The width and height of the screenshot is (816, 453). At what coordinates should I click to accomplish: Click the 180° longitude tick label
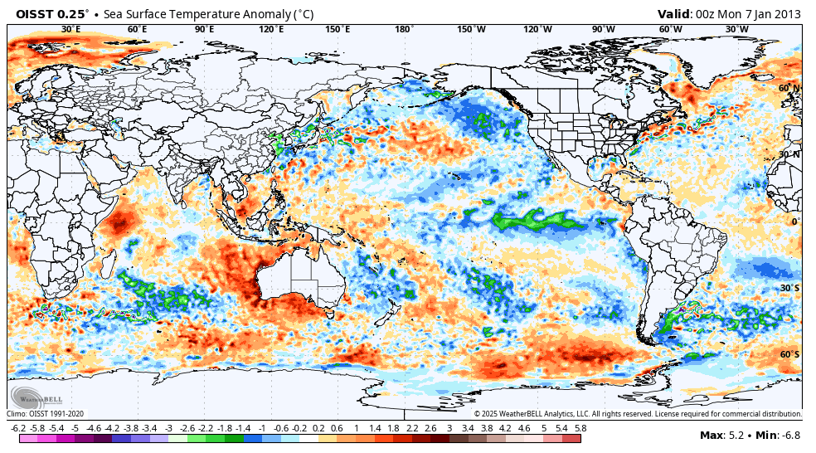coord(404,30)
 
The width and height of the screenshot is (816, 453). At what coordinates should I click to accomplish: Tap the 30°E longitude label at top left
coord(71,30)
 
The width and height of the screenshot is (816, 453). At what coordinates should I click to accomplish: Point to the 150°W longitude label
coord(471,30)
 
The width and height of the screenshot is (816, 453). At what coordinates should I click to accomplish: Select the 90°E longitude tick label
coord(204,30)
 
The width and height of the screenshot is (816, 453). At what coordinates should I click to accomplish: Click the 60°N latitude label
coord(789,88)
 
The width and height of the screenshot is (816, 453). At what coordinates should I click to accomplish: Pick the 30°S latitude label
coord(789,288)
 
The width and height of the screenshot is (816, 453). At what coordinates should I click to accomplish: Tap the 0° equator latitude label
coord(794,222)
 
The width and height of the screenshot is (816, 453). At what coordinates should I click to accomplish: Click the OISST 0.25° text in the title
coord(51,13)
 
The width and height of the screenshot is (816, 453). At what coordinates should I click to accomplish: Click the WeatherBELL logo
coord(32,397)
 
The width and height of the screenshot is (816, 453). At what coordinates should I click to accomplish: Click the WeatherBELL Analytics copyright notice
coord(637,413)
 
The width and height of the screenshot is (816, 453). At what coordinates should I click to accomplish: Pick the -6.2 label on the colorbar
coord(17,428)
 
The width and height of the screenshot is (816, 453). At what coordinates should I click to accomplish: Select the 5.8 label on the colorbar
coord(580,428)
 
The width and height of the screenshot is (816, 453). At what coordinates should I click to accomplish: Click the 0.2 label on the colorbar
coord(318,428)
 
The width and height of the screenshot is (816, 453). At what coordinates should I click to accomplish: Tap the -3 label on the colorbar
coord(168,428)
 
